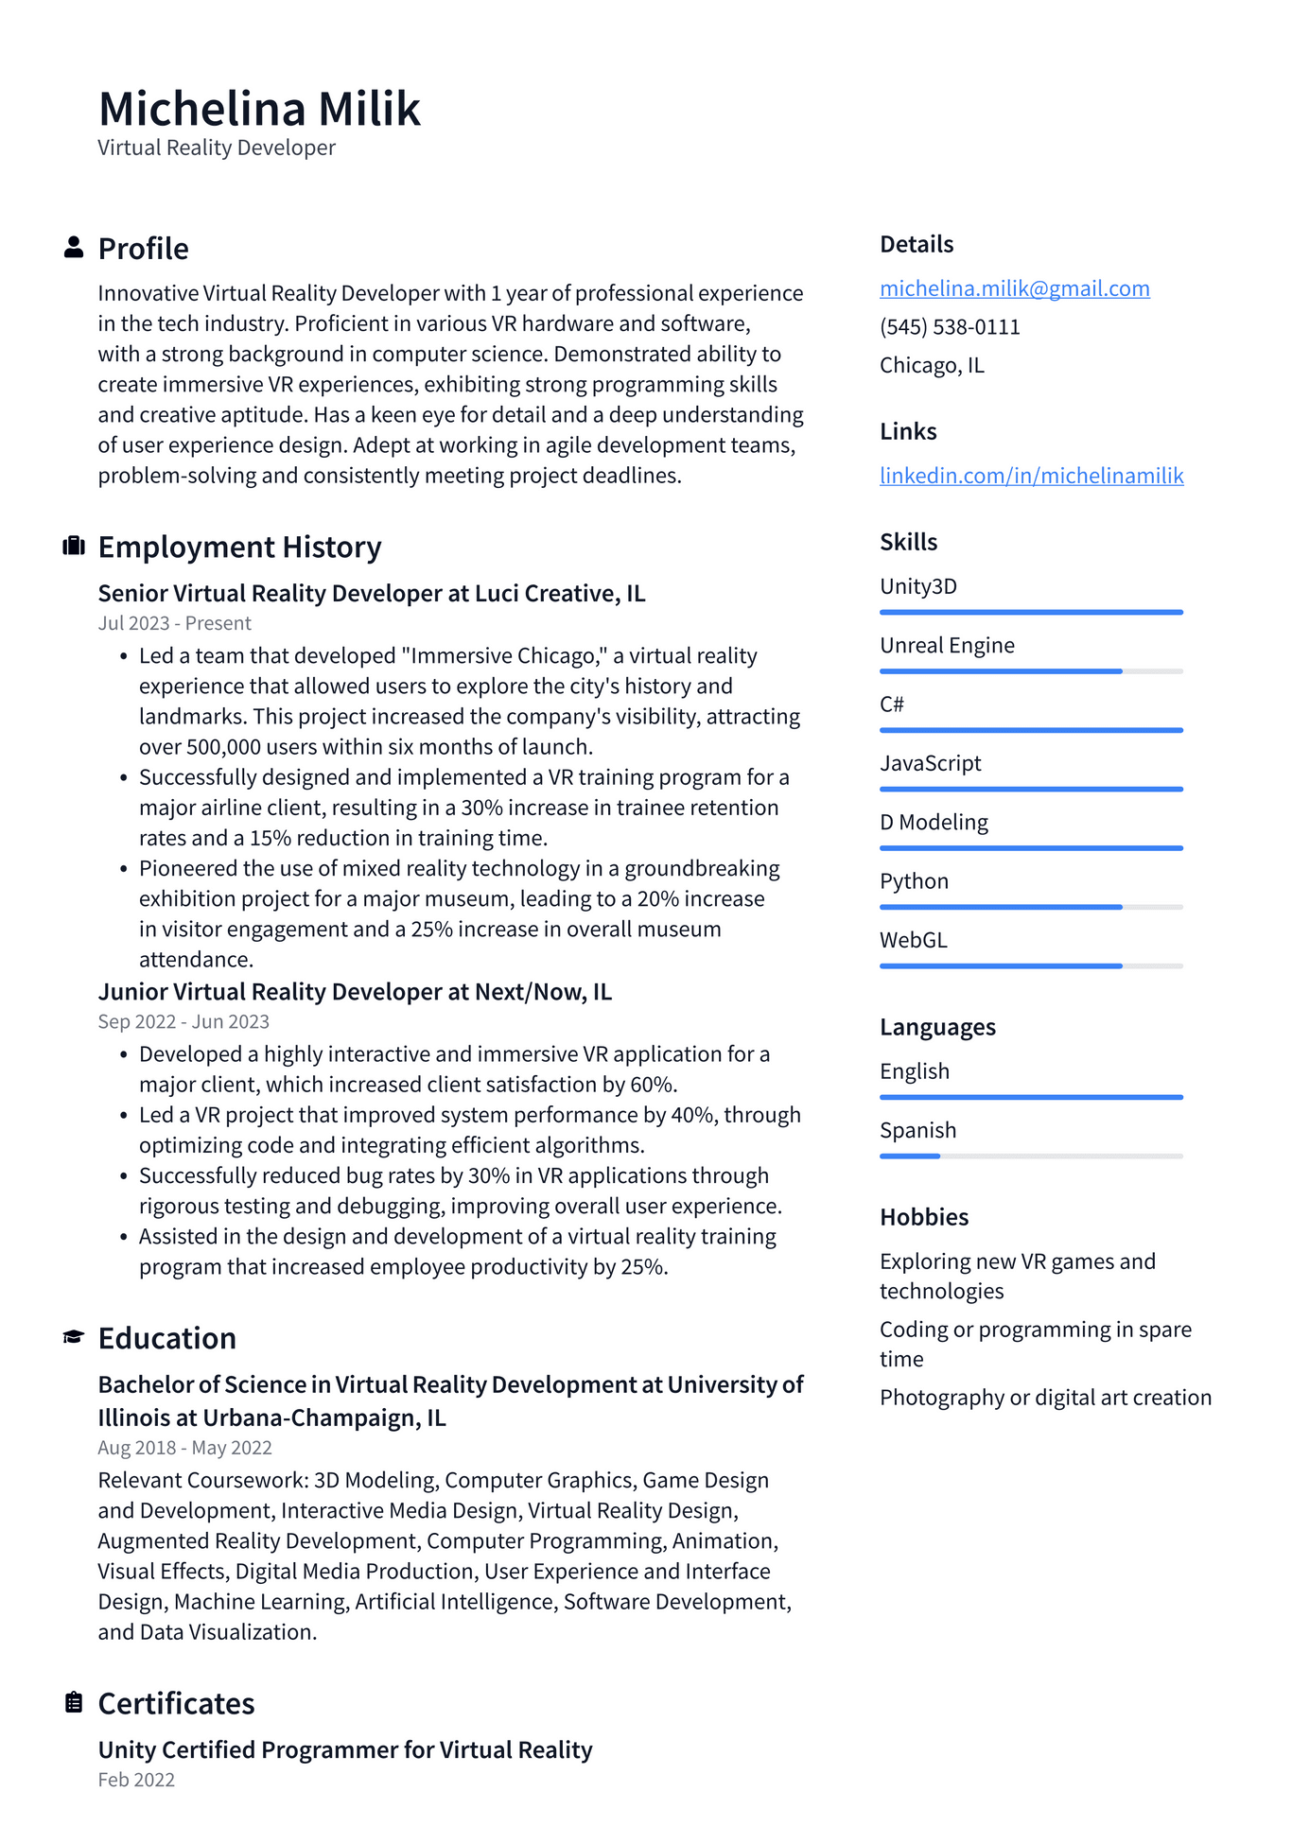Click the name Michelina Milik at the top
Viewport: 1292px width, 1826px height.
click(x=259, y=109)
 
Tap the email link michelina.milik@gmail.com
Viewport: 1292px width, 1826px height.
click(x=1014, y=288)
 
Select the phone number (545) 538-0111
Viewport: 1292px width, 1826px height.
click(x=950, y=327)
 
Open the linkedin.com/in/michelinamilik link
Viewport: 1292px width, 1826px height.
click(x=1031, y=476)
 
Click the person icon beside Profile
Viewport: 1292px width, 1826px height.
click(x=73, y=248)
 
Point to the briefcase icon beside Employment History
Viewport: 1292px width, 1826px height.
click(x=73, y=547)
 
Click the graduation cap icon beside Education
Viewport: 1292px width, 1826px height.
click(x=73, y=1337)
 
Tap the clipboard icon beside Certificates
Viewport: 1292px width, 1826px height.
click(x=73, y=1702)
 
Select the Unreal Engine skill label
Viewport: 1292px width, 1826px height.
click(x=947, y=646)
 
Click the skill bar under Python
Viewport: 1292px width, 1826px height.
click(x=1030, y=907)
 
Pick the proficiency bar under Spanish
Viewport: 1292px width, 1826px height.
click(x=1030, y=1156)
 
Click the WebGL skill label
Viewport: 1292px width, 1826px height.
click(x=913, y=941)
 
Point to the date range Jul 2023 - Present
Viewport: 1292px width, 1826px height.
click(x=174, y=623)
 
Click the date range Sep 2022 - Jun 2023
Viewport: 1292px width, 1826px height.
click(x=183, y=1021)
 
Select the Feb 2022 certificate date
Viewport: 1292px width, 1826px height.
click(x=136, y=1780)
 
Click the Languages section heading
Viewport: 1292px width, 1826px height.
click(x=937, y=1027)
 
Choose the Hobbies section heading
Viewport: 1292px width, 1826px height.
click(x=923, y=1217)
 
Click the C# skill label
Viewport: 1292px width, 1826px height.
click(x=891, y=704)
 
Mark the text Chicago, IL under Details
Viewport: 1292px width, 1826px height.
click(x=932, y=366)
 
